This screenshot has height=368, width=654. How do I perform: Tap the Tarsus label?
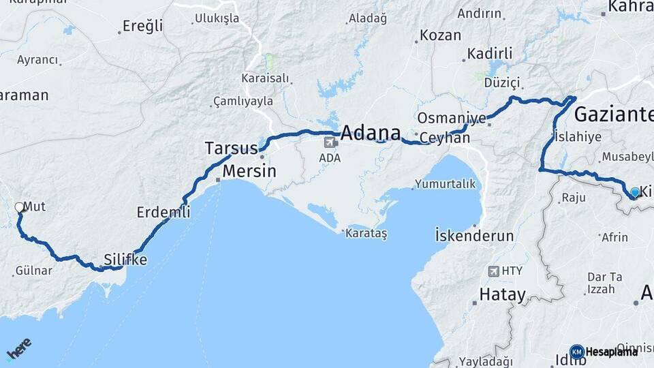231,148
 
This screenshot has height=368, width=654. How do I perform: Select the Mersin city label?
249,170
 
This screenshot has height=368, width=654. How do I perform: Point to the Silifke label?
125,260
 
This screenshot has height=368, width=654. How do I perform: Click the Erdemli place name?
163,212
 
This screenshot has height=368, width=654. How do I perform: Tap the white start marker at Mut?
19,206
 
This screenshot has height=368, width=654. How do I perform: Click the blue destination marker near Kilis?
634,192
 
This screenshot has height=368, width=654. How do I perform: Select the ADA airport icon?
330,142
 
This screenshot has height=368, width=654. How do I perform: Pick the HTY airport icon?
493,271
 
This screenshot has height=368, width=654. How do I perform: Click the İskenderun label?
474,236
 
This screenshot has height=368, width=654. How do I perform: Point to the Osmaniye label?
452,117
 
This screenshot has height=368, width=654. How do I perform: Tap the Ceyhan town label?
445,138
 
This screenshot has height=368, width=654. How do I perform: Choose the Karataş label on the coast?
366,234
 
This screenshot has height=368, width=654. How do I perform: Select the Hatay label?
503,295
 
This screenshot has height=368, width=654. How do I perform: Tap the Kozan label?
440,35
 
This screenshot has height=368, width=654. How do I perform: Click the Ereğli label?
142,26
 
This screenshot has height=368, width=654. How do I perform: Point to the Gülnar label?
34,271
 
